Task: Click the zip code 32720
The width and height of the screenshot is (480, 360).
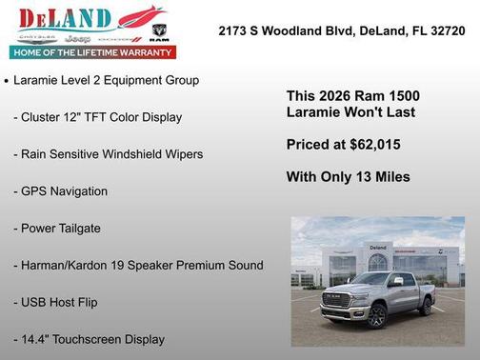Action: click(x=447, y=30)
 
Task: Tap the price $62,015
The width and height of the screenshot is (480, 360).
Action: click(x=372, y=145)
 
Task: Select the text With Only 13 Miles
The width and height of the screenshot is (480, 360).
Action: click(x=348, y=177)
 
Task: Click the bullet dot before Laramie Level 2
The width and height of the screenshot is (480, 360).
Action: click(x=7, y=81)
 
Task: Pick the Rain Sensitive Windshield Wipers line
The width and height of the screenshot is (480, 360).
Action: click(x=108, y=154)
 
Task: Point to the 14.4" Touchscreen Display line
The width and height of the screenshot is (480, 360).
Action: click(x=89, y=339)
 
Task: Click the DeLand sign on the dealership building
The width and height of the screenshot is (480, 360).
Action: click(x=378, y=247)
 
